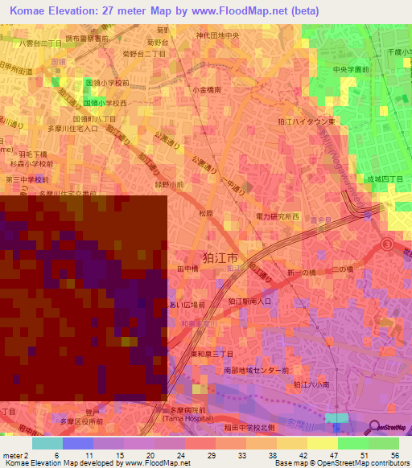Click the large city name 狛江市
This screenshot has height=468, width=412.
pyautogui.click(x=220, y=259)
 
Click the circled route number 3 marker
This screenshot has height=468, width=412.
pyautogui.click(x=389, y=244)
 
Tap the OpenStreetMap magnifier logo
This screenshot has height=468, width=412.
pyautogui.click(x=372, y=427)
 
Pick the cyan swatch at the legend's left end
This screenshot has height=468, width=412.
pyautogui.click(x=47, y=443)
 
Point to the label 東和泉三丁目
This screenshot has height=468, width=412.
pyautogui.click(x=212, y=352)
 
